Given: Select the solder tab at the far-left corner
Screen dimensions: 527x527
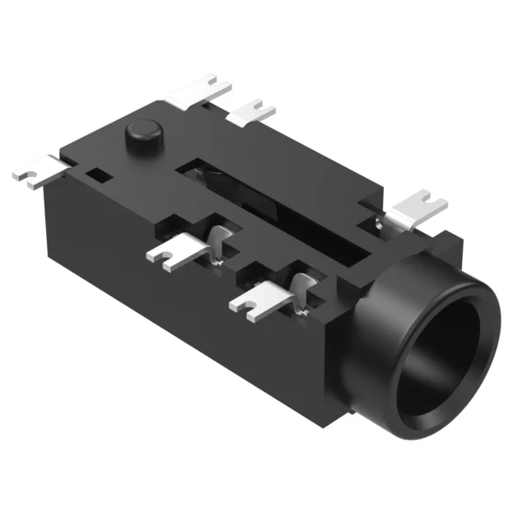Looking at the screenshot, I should tap(37, 171).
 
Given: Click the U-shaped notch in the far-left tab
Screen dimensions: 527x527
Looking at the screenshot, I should tap(24, 175).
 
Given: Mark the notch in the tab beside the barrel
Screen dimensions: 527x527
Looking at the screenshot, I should tap(426, 198).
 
